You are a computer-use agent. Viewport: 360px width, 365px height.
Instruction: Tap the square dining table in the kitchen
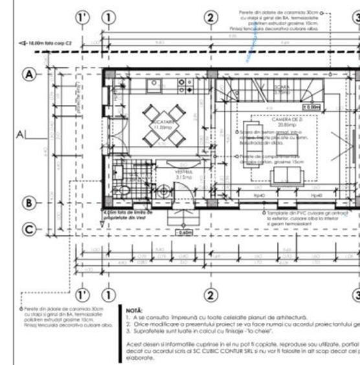coord(159,118)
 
